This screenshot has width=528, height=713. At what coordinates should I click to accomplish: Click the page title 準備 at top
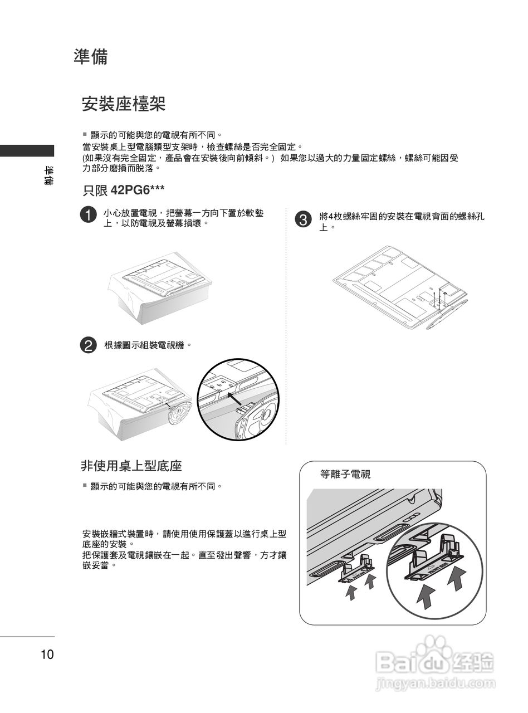click(x=90, y=57)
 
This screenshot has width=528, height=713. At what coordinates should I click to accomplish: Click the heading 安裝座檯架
click(x=123, y=104)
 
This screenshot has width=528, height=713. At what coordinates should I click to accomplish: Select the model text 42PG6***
click(x=138, y=190)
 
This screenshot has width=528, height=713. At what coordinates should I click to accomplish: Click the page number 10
click(x=47, y=655)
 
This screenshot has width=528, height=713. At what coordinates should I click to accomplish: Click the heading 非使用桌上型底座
click(x=131, y=466)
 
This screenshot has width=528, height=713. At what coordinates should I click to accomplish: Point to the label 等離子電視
click(x=345, y=475)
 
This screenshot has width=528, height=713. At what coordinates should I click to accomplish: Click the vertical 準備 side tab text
click(x=48, y=175)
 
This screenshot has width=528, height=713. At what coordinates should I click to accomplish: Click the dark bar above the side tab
click(x=27, y=150)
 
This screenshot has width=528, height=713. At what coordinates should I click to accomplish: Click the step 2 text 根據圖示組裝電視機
click(x=148, y=345)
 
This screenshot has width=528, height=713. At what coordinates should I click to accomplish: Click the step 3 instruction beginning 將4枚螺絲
click(x=401, y=221)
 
